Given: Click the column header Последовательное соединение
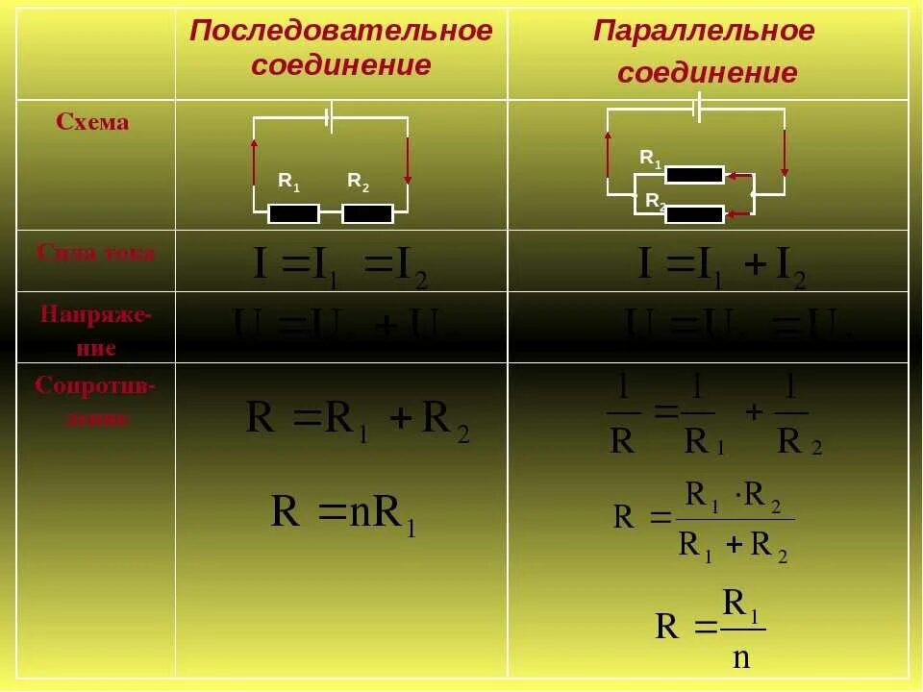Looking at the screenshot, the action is point(341,48).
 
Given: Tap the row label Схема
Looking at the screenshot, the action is point(93,123).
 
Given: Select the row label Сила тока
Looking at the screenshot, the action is point(95,253).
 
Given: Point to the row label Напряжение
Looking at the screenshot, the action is point(94,330).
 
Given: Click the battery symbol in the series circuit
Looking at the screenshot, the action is point(329,118).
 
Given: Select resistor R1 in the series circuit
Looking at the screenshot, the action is point(293,213).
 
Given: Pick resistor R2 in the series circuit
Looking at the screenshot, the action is point(367,213).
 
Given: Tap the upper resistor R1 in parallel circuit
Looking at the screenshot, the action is point(694,175).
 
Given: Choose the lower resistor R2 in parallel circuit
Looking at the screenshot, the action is point(694,213).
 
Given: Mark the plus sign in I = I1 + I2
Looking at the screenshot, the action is point(755,266).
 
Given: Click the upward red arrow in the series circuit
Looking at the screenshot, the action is point(254,159).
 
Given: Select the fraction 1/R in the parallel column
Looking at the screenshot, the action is point(621,415).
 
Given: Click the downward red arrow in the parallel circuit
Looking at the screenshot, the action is point(785,152).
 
